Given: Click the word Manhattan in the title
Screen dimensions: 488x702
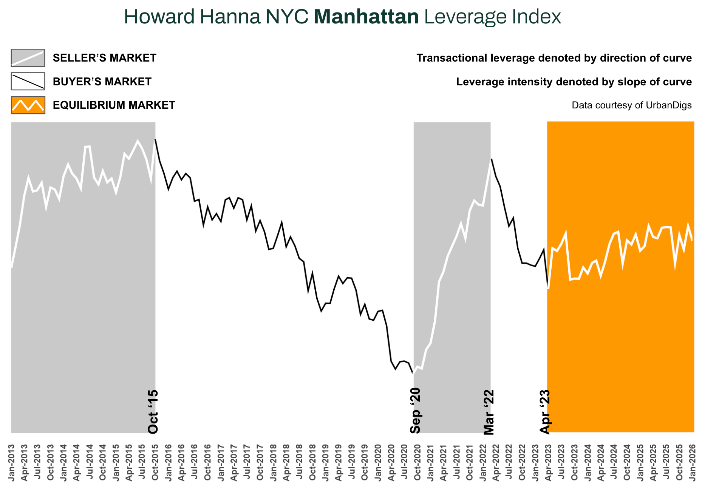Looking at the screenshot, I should pyautogui.click(x=366, y=17).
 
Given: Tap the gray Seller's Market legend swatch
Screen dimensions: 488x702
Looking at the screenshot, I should pyautogui.click(x=28, y=58).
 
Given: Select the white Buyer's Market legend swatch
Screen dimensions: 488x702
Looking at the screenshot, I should pyautogui.click(x=28, y=81).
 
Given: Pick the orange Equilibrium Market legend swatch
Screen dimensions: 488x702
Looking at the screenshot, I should pyautogui.click(x=28, y=105).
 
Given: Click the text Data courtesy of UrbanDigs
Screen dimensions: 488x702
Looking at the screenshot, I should pyautogui.click(x=631, y=105).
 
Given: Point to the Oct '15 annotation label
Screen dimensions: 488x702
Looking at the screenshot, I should pyautogui.click(x=153, y=412).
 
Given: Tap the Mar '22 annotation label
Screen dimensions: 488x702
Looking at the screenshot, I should pyautogui.click(x=489, y=412).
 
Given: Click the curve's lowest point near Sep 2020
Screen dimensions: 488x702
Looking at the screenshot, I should pyautogui.click(x=413, y=374).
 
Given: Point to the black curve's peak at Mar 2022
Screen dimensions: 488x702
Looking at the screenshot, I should pyautogui.click(x=491, y=159).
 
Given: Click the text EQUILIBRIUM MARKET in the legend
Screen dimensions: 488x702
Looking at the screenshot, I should pyautogui.click(x=114, y=105).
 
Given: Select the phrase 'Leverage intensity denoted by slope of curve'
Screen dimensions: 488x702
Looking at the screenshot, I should pyautogui.click(x=574, y=82).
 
